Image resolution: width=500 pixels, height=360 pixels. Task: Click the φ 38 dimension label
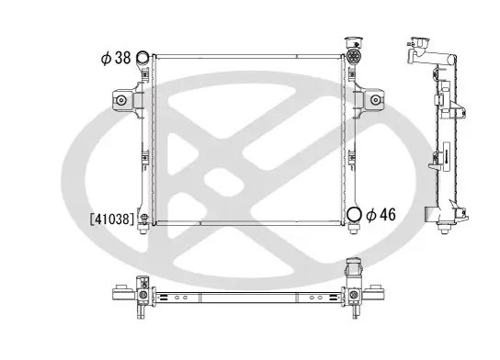coord(115,58)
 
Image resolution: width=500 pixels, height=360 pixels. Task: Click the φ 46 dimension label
coord(380,216)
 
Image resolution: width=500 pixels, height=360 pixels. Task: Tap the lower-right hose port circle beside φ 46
coord(354,216)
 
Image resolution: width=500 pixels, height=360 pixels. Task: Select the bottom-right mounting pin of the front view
coord(354,231)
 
